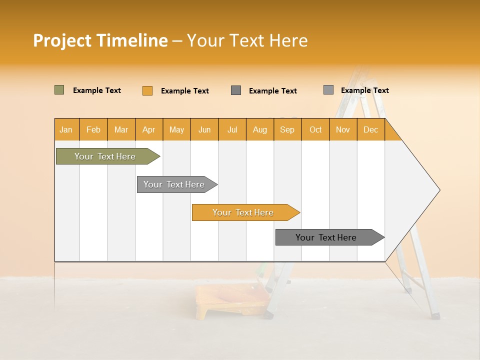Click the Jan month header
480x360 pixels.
click(66, 129)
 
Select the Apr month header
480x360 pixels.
click(149, 129)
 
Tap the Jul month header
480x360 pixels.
click(232, 129)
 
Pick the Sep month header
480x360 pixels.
click(287, 129)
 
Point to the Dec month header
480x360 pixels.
click(370, 129)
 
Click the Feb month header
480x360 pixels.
click(93, 129)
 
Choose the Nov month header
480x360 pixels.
click(343, 129)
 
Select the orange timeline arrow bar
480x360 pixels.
click(243, 212)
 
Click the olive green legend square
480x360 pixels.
click(59, 90)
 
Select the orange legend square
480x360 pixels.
click(147, 90)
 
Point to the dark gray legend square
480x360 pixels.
click(236, 90)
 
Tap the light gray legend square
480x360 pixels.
click(328, 90)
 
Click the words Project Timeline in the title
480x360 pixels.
click(100, 40)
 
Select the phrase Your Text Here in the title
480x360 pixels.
click(247, 40)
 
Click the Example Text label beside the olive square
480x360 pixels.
click(97, 90)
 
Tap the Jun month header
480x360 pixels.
click(204, 129)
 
